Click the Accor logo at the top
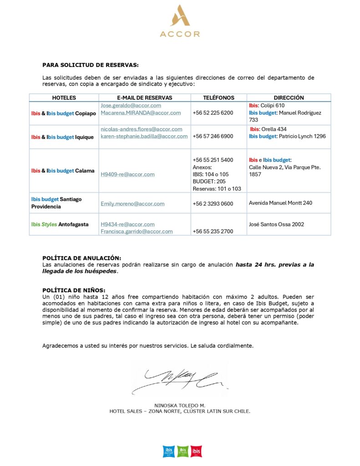(180, 21)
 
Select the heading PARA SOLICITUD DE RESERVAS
(90, 65)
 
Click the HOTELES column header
(64, 98)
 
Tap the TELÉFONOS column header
(218, 98)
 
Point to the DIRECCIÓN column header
(289, 98)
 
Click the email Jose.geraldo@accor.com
(131, 106)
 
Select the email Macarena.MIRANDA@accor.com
(141, 113)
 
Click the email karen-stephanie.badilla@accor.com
(144, 136)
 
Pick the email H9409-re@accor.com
(127, 174)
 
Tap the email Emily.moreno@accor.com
(132, 204)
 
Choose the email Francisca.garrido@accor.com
(137, 231)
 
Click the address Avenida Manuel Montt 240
(280, 203)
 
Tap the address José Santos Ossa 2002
(276, 224)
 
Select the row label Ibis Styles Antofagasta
(60, 224)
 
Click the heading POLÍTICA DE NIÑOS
(74, 290)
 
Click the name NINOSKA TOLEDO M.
(180, 405)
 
